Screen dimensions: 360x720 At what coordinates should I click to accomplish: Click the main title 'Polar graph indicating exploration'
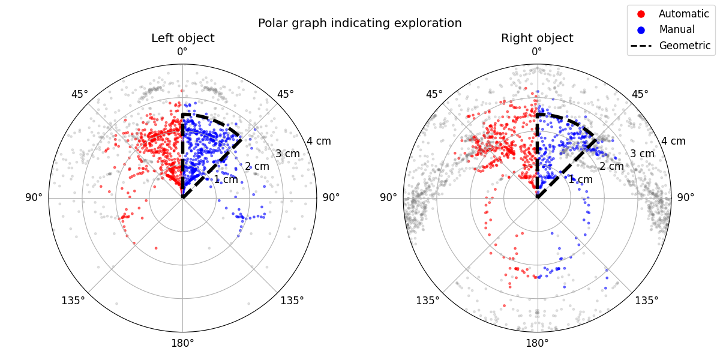tap(359, 23)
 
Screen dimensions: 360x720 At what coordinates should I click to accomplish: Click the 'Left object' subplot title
tap(182, 38)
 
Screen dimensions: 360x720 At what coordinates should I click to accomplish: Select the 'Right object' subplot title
tap(537, 38)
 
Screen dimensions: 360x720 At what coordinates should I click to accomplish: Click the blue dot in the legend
tap(640, 29)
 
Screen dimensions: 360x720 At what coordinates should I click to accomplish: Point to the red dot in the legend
tap(640, 14)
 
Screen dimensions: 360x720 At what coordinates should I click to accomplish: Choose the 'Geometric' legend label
tap(685, 46)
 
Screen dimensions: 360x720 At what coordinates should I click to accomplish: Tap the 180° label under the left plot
tap(182, 343)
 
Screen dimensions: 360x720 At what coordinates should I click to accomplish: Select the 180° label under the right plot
tap(537, 343)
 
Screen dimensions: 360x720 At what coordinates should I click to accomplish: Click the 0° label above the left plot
tap(182, 52)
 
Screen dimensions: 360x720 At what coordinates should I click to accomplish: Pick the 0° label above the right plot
tap(537, 52)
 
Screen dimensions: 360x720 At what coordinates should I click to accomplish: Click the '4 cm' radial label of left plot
tap(319, 142)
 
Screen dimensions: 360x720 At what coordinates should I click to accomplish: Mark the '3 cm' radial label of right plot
tap(642, 154)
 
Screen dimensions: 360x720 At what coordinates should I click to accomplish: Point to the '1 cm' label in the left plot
tap(226, 179)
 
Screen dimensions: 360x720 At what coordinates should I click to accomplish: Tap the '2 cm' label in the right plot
tap(611, 166)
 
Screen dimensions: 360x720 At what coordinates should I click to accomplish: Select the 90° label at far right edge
tap(686, 197)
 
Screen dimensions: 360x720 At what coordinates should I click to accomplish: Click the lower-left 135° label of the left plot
tap(73, 300)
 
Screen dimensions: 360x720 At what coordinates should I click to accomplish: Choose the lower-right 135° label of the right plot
tap(647, 300)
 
